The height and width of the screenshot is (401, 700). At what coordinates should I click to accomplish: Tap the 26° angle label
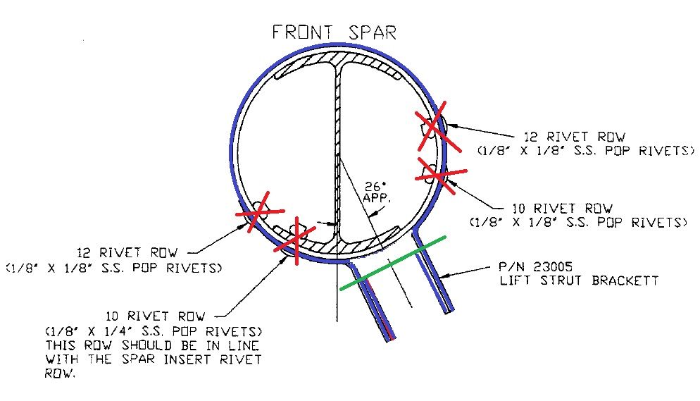click(x=372, y=187)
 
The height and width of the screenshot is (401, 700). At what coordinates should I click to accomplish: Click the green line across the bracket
click(x=392, y=263)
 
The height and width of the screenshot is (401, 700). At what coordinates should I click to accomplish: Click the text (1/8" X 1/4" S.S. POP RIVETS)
click(x=154, y=331)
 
